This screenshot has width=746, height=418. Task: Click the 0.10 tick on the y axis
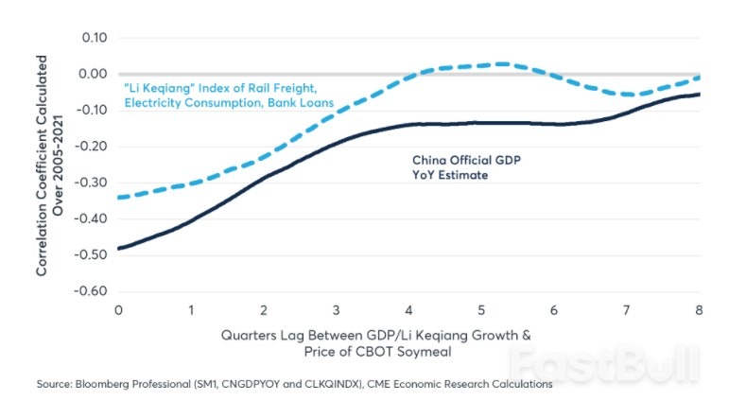[95, 38]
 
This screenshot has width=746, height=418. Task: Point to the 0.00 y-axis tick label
[95, 74]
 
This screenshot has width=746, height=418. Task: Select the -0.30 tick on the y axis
[93, 183]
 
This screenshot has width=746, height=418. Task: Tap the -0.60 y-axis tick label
[93, 290]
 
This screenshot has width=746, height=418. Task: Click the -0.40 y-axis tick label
[93, 218]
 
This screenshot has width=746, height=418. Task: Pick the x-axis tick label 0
[118, 310]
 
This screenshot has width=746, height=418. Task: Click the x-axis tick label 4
[409, 310]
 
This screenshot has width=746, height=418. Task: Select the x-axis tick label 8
[700, 310]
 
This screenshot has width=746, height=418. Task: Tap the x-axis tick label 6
[554, 310]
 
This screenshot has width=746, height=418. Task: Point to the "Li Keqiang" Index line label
[228, 94]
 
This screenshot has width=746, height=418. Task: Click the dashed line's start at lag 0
[119, 198]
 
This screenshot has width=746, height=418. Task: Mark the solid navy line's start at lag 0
[119, 248]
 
